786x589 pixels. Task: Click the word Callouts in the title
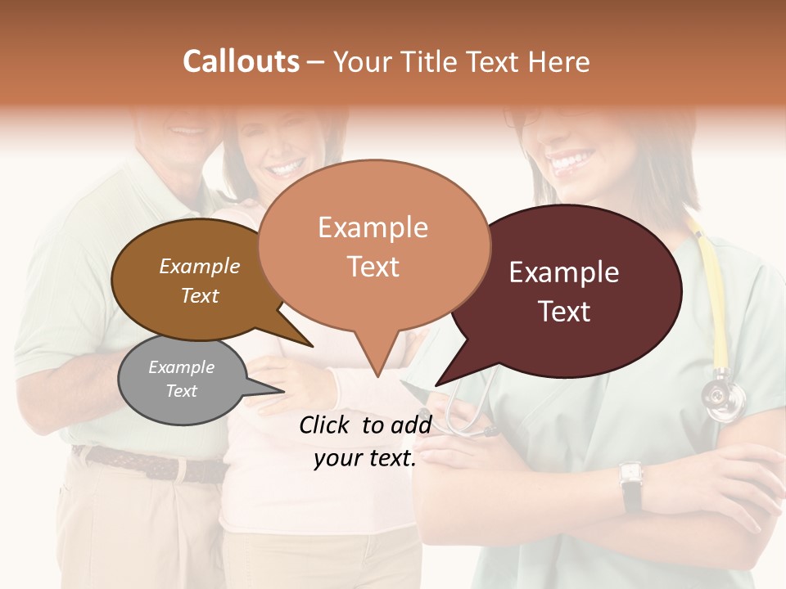click(x=241, y=61)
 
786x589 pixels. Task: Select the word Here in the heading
click(x=560, y=61)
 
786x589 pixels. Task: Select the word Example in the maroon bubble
click(x=564, y=272)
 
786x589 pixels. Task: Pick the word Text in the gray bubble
click(x=181, y=391)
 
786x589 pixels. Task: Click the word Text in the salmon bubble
click(x=373, y=267)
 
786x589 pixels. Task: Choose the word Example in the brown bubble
click(x=199, y=266)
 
